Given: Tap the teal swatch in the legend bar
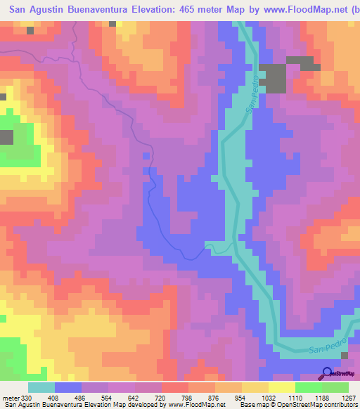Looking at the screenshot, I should coord(41,387).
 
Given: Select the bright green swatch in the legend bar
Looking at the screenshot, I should coord(309,387).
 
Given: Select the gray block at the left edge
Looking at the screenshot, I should coord(6,137).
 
